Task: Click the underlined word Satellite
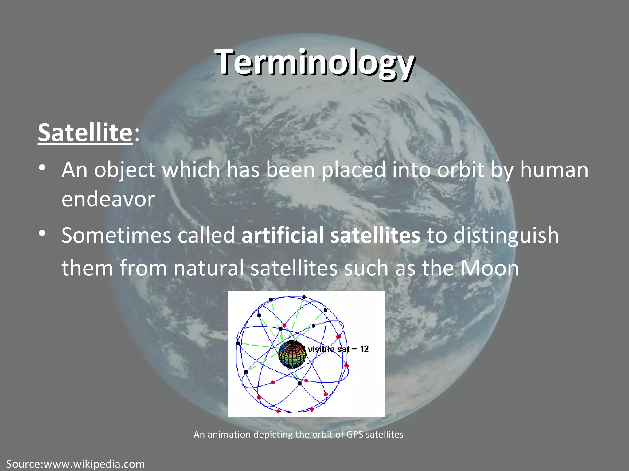pyautogui.click(x=85, y=132)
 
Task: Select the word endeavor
pyautogui.click(x=108, y=199)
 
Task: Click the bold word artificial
pyautogui.click(x=282, y=235)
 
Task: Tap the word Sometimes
pyautogui.click(x=116, y=235)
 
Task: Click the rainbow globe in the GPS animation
pyautogui.click(x=292, y=354)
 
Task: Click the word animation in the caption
pyautogui.click(x=229, y=435)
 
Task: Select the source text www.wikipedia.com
pyautogui.click(x=94, y=464)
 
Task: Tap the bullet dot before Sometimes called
pyautogui.click(x=42, y=233)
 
